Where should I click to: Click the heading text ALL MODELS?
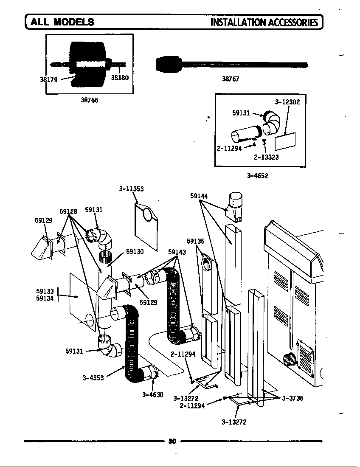point(62,22)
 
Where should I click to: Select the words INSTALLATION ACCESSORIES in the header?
point(264,22)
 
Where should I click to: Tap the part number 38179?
point(48,79)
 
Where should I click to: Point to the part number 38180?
point(120,78)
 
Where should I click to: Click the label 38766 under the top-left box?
point(89,100)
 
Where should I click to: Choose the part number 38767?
point(231,79)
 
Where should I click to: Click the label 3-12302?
point(287,102)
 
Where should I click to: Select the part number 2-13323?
point(266,157)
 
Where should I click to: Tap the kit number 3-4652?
point(258,175)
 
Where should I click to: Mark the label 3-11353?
point(131,188)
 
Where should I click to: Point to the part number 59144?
point(199,196)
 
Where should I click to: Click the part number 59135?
point(195,241)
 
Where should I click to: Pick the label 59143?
point(177,252)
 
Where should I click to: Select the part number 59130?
point(135,251)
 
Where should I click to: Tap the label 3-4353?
point(93,378)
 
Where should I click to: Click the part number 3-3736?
point(292,398)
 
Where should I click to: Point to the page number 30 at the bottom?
point(172,441)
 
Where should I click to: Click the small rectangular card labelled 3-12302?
point(285,141)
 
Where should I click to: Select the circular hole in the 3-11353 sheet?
point(147,214)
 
